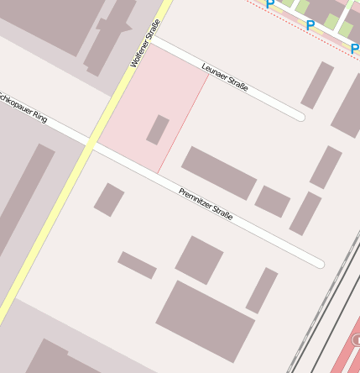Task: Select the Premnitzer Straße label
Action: pyautogui.click(x=205, y=205)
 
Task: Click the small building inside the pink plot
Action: pyautogui.click(x=158, y=129)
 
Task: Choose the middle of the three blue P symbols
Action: pyautogui.click(x=310, y=25)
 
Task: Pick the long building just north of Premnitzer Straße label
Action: pyautogui.click(x=219, y=172)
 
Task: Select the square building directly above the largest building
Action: pyautogui.click(x=199, y=260)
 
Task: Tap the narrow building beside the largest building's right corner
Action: pyautogui.click(x=262, y=290)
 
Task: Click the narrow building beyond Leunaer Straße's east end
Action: pyautogui.click(x=317, y=85)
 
